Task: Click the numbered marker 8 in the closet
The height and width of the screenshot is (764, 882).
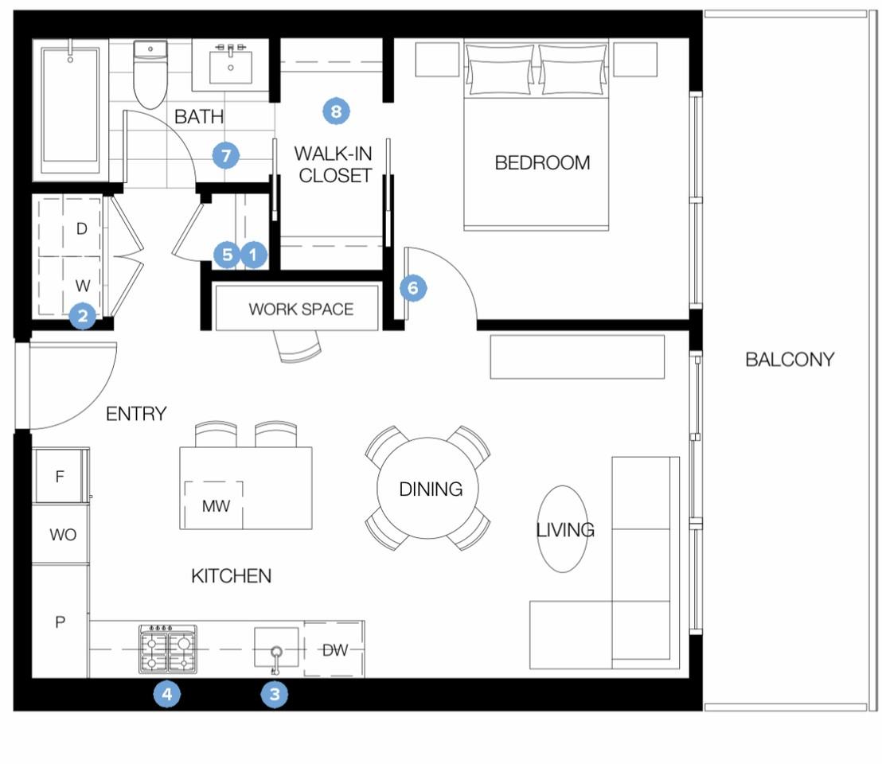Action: (337, 111)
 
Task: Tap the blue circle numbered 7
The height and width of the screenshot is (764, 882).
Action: (226, 155)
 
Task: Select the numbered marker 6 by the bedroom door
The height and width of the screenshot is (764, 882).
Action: (413, 288)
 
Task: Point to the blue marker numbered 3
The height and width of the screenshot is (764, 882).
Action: (275, 694)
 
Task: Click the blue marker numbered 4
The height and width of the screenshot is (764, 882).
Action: (167, 694)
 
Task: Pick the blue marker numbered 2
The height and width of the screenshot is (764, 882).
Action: (83, 315)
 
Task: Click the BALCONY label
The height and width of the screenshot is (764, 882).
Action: (790, 359)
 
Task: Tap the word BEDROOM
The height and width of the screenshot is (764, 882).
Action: (542, 162)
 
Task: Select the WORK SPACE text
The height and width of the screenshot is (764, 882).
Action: (301, 309)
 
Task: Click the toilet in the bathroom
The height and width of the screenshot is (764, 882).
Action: (150, 74)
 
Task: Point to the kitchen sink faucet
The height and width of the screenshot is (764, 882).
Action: (275, 659)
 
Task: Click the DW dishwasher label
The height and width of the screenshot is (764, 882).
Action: (335, 650)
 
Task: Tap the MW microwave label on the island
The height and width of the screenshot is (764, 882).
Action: (216, 506)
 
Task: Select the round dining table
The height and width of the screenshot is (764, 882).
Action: (427, 488)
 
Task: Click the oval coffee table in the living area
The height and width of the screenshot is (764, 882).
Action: (563, 529)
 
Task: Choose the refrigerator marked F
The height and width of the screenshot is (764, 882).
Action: (60, 476)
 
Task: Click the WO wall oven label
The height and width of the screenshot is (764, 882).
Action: (62, 534)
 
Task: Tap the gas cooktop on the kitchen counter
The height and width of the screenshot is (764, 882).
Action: (168, 649)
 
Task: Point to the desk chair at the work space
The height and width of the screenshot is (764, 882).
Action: (298, 346)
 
